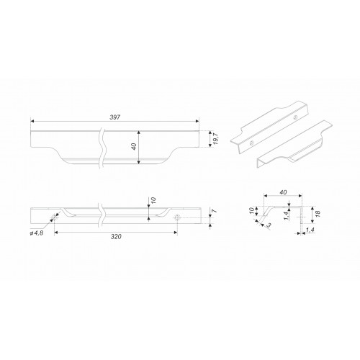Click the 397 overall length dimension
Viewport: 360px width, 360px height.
[x=115, y=117]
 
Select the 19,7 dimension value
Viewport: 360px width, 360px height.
[x=215, y=139]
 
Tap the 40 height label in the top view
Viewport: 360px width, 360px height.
[x=134, y=146]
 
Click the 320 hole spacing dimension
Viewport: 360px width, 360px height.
[x=116, y=237]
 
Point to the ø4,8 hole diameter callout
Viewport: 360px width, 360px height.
[x=37, y=233]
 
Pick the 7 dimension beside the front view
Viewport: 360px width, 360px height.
[x=215, y=211]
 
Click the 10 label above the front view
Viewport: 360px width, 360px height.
[x=153, y=199]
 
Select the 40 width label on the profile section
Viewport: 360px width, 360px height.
[x=283, y=192]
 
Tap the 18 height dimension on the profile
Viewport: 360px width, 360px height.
[x=317, y=212]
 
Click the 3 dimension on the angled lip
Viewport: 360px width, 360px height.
[x=269, y=225]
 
